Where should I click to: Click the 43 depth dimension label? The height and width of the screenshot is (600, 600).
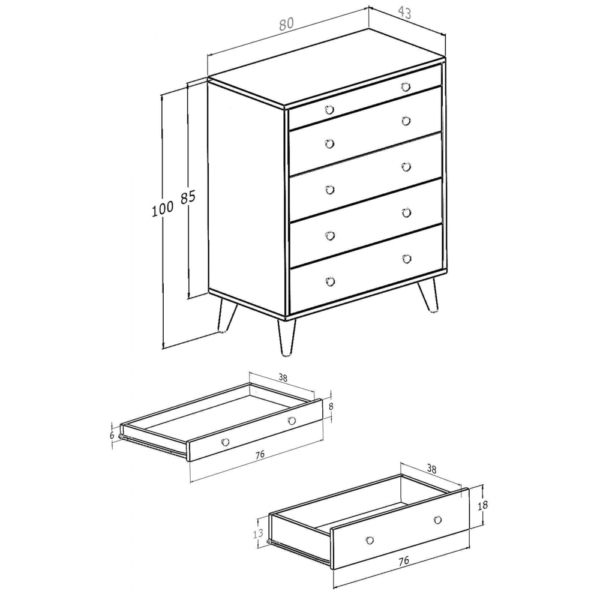point(404,13)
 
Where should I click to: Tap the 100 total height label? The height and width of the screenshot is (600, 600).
point(163,209)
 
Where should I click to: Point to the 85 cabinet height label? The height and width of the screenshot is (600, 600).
point(188,197)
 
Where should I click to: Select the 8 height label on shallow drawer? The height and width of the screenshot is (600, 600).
point(331,406)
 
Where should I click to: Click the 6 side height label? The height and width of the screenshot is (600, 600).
point(112,435)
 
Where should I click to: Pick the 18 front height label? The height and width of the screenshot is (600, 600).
point(482,505)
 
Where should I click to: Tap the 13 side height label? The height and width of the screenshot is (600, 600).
point(259,533)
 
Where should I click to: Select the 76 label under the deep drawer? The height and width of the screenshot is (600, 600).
point(403,560)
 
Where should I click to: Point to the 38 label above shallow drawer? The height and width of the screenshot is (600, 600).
point(283,377)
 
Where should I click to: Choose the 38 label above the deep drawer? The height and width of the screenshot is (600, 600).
point(431,469)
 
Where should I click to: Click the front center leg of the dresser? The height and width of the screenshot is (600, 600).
point(286,337)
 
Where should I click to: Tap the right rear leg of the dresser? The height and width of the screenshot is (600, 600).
point(428,295)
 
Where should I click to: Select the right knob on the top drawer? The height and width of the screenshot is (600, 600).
point(406,87)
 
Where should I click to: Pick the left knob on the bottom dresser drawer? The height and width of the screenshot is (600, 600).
point(330,282)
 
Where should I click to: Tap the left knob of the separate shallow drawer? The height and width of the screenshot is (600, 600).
point(225,442)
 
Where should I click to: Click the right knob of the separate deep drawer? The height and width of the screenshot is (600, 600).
point(438,520)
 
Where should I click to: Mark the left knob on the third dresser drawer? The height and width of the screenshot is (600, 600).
point(329,190)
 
